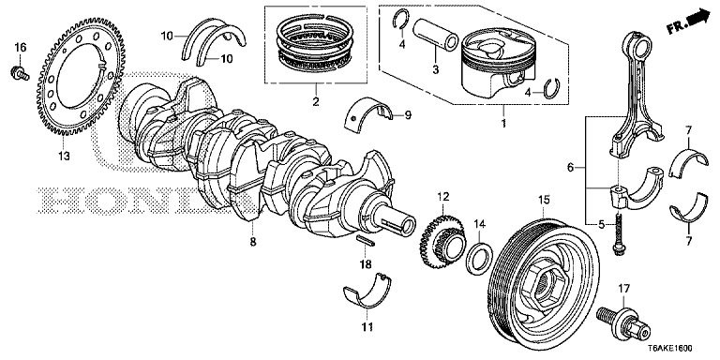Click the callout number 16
coord(20,47)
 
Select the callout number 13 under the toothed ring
coord(64,156)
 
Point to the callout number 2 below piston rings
coord(315,99)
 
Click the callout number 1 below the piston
coord(504,121)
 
